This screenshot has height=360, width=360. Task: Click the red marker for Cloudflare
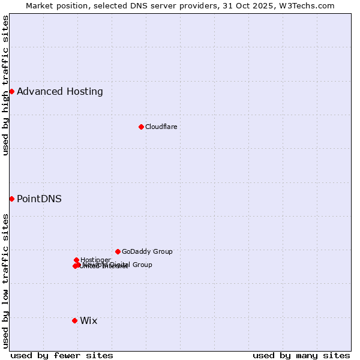141,127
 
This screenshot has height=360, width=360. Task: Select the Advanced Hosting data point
11,91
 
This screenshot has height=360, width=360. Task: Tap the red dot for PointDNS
11,199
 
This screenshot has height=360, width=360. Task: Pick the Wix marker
74,320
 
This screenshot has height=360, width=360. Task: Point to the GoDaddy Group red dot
118,251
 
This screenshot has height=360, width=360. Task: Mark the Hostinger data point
76,260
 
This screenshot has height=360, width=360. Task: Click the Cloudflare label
161,127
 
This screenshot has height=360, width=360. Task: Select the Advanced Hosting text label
60,92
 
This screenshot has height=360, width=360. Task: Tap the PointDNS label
39,199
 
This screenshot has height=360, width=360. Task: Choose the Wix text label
88,321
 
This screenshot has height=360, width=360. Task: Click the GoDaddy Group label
147,252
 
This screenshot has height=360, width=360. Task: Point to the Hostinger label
95,260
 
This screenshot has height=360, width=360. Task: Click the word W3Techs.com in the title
310,5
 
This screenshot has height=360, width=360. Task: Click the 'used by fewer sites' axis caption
62,356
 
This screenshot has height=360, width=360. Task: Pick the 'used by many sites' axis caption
301,356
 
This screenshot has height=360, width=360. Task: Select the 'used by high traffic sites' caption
5,86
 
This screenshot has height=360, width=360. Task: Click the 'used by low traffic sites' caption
5,281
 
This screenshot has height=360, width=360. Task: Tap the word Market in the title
41,5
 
